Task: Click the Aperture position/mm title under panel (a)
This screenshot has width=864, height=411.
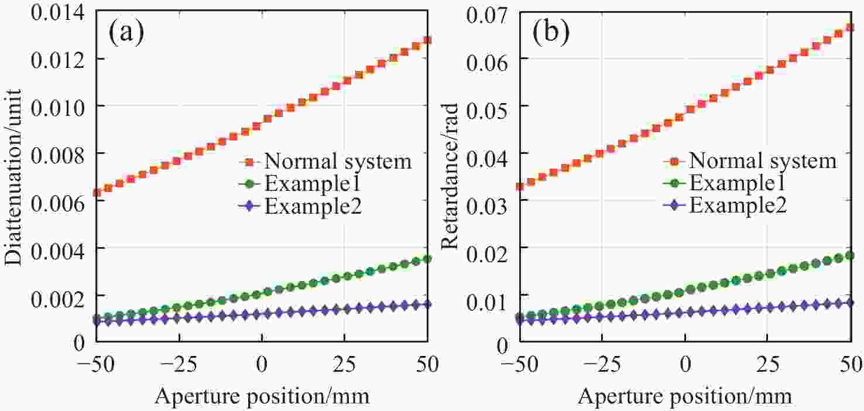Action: [262, 396]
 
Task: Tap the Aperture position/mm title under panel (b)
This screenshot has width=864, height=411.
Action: [685, 396]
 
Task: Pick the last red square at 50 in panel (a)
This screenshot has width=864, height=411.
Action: [427, 40]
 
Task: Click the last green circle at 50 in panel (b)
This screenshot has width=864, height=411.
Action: [850, 256]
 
